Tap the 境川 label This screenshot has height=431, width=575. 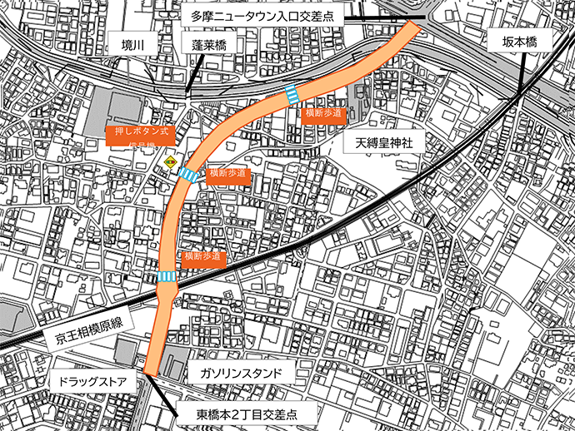coord(132,46)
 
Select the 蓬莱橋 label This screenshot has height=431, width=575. coord(209,46)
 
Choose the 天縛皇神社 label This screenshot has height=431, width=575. coord(385,143)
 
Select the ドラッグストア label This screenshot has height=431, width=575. coord(87,384)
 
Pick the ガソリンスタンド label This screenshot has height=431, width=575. coord(242,373)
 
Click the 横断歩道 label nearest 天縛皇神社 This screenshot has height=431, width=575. coord(322,114)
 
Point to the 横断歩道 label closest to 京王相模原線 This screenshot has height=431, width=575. coord(204,257)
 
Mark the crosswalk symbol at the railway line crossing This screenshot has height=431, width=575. coord(166,277)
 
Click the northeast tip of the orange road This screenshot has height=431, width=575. coord(414,27)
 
